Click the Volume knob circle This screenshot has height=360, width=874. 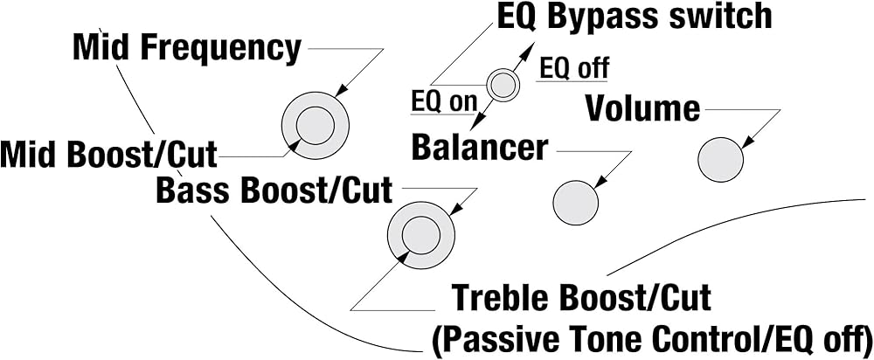pos(720,159)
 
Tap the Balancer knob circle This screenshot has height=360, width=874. pos(575,203)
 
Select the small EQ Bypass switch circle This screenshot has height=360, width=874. pos(503,86)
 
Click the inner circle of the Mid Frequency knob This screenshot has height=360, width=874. pos(315,125)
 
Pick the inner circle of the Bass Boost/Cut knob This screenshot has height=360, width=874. pos(421,235)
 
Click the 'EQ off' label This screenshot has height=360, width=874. pos(574,68)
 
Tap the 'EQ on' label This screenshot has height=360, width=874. pos(444,102)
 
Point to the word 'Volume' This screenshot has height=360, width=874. pos(642,108)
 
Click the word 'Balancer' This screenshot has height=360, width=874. pos(480,148)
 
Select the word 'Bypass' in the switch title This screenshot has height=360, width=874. pos(609,18)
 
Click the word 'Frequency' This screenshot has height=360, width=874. pos(220,48)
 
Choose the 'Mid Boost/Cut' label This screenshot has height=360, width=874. pos(108,155)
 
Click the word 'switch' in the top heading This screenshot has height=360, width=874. pos(725,17)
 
